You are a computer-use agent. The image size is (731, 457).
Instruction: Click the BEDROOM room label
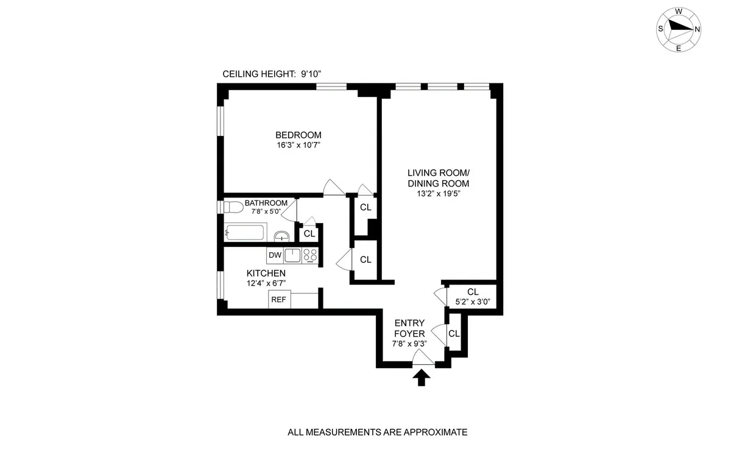298,135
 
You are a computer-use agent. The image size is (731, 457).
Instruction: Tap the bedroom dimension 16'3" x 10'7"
298,145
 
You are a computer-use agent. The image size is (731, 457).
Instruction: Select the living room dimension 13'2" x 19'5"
438,194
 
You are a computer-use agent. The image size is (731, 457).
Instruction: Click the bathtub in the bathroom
245,232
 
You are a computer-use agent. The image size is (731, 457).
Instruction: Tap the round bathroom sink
281,236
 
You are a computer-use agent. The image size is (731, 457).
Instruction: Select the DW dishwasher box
275,255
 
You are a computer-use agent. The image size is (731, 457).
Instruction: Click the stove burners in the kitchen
311,255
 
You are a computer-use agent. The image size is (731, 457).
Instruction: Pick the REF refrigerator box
279,299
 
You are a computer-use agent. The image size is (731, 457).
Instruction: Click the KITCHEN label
266,273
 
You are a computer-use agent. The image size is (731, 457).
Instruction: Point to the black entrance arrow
421,378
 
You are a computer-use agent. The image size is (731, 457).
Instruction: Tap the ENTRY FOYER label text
409,328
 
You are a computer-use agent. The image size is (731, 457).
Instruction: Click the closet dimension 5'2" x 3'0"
473,301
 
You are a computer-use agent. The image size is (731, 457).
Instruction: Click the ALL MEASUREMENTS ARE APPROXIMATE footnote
377,433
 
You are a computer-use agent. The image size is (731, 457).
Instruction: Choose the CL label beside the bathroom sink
309,233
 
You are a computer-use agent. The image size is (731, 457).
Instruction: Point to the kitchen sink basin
293,255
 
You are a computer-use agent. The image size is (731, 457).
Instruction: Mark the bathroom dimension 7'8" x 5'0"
266,212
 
